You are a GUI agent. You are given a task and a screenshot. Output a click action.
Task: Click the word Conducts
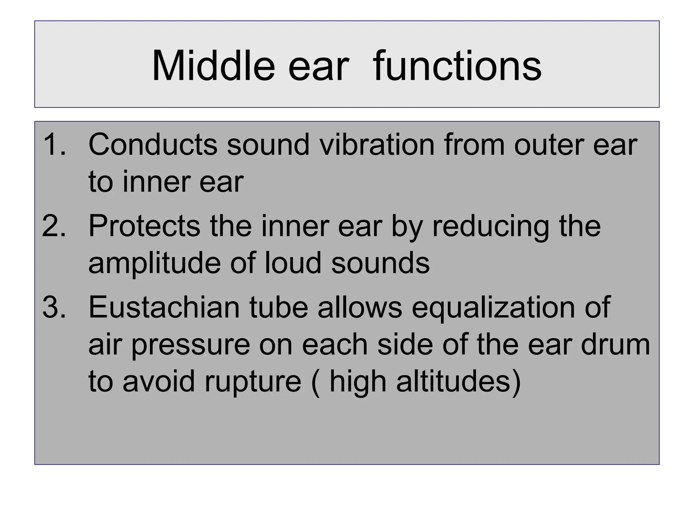click(x=152, y=145)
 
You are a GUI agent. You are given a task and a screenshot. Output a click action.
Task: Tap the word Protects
click(x=144, y=226)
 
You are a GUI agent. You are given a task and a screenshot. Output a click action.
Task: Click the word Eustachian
click(x=164, y=307)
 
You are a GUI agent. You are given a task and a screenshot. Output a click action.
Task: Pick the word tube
click(x=279, y=307)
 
